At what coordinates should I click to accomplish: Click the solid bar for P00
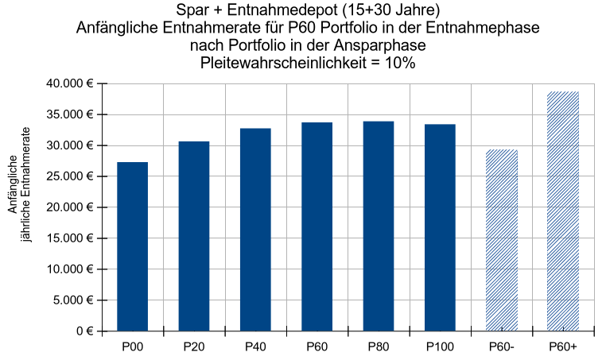(133, 246)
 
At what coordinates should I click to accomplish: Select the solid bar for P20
(194, 236)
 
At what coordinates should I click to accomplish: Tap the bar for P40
(255, 230)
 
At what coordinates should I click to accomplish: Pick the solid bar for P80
(379, 226)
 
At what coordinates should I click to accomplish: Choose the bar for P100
(440, 227)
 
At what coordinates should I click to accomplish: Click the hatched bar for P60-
(502, 240)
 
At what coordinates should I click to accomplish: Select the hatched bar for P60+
(563, 211)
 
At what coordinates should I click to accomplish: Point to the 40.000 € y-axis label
(70, 83)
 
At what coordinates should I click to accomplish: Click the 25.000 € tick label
(70, 176)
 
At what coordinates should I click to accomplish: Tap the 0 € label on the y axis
(84, 331)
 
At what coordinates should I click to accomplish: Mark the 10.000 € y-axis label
(70, 269)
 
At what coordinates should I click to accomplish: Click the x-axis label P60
(317, 346)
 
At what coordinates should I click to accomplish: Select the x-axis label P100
(440, 346)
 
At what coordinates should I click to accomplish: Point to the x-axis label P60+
(563, 346)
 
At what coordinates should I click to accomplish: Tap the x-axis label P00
(133, 346)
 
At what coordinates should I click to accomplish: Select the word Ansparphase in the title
(380, 45)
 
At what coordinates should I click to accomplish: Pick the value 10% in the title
(400, 62)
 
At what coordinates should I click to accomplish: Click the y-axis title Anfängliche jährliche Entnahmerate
(19, 184)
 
